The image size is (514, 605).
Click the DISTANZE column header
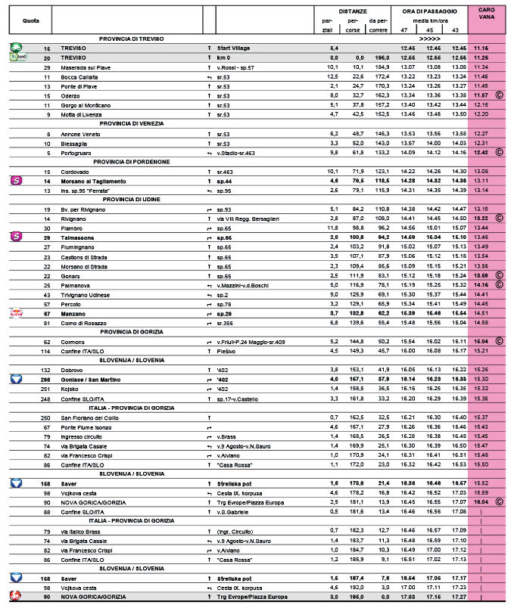(354, 11)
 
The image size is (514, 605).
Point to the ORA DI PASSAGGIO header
(429, 11)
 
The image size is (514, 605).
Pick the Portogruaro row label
(79, 153)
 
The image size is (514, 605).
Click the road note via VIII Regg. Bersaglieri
(248, 219)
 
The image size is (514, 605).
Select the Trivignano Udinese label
(88, 294)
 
